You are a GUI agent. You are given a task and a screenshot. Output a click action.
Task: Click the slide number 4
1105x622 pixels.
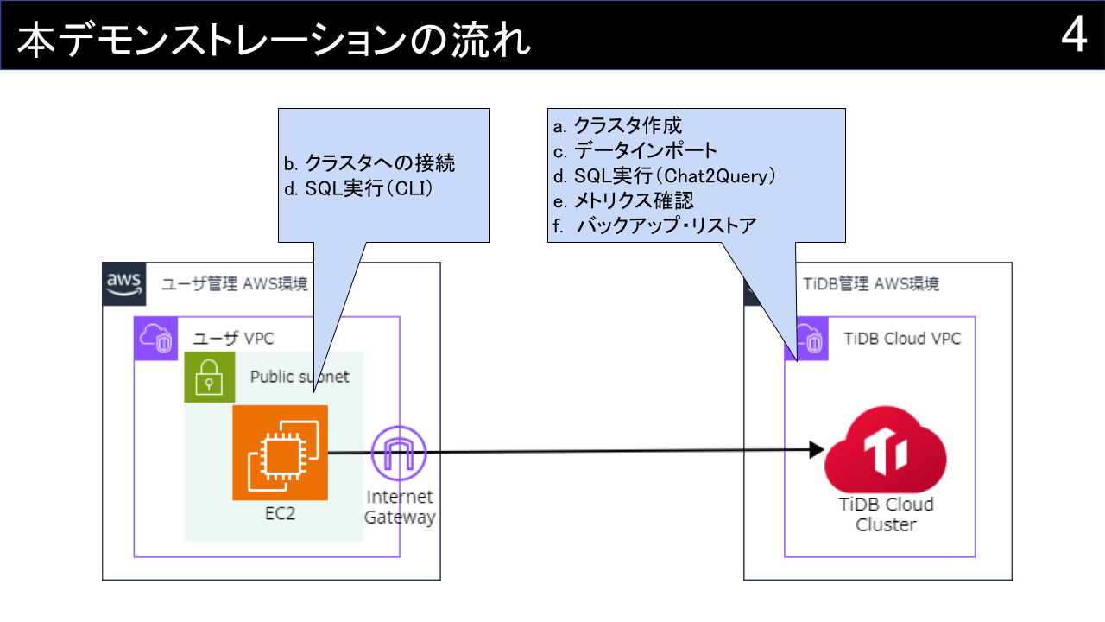click(1073, 35)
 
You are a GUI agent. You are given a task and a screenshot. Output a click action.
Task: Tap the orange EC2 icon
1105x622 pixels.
click(280, 452)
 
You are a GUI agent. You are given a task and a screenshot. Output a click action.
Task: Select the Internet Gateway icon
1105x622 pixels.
click(399, 454)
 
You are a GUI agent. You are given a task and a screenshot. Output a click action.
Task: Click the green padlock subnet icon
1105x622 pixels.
click(209, 377)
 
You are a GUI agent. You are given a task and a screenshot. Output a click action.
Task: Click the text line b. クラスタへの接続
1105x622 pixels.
click(369, 162)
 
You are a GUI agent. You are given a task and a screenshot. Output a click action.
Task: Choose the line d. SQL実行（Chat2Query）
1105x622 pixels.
click(665, 176)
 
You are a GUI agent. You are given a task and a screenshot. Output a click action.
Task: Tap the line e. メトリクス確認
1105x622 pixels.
click(623, 201)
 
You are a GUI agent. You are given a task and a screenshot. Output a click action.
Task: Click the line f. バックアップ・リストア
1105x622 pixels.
click(654, 226)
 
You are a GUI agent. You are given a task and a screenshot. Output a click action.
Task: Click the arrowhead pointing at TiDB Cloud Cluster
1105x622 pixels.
click(815, 449)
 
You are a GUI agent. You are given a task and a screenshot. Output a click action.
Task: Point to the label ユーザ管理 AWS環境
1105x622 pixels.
click(234, 283)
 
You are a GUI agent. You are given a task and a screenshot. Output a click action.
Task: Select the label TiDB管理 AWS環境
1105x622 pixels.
click(871, 283)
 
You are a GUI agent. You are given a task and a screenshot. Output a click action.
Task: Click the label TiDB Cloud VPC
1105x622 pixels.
click(902, 339)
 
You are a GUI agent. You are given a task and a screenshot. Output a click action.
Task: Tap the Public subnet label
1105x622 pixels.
click(300, 377)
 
